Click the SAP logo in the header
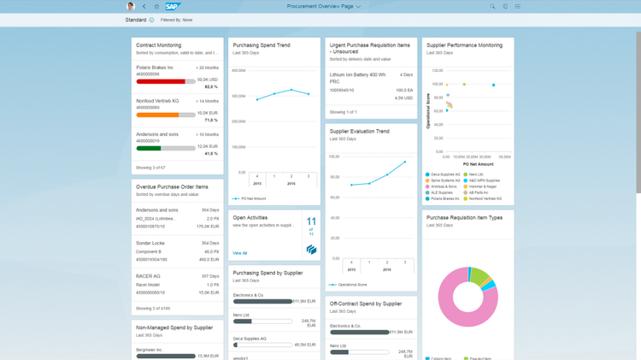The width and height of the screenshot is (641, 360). click(x=173, y=6)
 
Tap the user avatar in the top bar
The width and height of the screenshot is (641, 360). click(x=131, y=6)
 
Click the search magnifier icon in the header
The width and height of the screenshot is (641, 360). click(x=492, y=6)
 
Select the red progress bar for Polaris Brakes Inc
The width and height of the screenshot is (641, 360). click(x=161, y=81)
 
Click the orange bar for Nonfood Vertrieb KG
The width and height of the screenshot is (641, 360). click(x=157, y=115)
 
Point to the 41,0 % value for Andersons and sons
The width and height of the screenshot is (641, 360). click(x=211, y=154)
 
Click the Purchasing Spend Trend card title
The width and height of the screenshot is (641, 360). click(x=262, y=45)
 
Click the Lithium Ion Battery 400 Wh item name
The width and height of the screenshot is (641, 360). click(x=357, y=75)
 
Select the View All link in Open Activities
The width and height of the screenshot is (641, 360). click(x=239, y=253)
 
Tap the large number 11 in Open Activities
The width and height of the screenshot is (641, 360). click(x=311, y=222)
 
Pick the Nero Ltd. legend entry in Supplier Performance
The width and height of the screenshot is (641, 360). click(x=476, y=174)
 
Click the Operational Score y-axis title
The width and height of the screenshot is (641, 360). click(x=429, y=110)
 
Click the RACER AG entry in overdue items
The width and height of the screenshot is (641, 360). click(x=148, y=276)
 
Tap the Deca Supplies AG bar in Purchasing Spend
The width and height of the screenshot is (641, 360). click(x=236, y=345)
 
